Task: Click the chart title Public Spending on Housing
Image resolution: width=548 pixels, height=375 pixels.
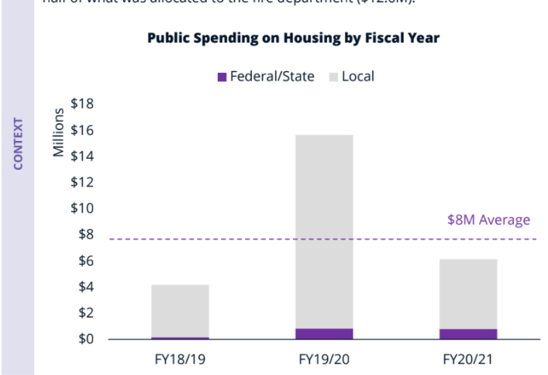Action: point(294,39)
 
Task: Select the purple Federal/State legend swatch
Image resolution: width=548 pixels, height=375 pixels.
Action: point(222,77)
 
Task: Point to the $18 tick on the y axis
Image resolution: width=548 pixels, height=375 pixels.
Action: point(82,104)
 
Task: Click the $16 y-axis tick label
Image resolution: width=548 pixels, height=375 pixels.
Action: point(82,130)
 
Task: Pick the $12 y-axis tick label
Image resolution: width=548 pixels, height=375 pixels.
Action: point(82,183)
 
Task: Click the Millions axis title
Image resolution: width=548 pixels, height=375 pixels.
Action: point(58,132)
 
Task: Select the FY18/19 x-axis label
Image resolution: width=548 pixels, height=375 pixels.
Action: point(180,360)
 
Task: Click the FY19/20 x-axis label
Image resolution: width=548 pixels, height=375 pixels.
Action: point(324,360)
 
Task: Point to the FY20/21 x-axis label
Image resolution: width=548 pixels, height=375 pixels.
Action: point(468,360)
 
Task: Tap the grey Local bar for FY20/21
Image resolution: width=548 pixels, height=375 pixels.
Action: point(468,294)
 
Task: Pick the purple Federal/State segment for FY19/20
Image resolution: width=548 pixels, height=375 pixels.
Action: point(324,334)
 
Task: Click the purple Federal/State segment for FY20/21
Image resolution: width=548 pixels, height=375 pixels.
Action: point(468,334)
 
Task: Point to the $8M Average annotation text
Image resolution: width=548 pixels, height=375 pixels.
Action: point(488,220)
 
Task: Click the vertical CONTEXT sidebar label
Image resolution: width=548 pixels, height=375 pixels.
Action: point(18,143)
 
